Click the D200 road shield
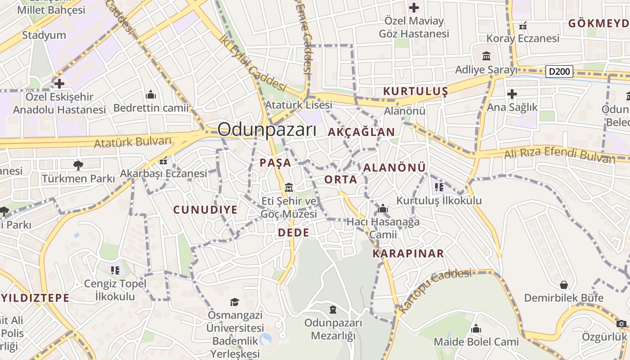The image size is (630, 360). click(x=559, y=71)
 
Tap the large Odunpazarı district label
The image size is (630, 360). click(x=267, y=130)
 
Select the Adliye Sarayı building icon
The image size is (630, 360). click(x=486, y=56)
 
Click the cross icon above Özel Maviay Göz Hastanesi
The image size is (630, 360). click(x=414, y=7)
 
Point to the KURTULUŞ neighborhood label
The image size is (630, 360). click(x=415, y=91)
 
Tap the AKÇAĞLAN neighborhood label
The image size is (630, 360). click(x=361, y=132)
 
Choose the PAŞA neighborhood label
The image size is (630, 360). click(x=275, y=163)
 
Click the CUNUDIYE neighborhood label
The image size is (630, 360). click(x=205, y=210)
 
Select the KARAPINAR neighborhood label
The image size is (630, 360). click(x=408, y=253)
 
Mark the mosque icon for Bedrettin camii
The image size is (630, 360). click(x=151, y=94)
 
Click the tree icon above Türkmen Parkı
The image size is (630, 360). click(x=78, y=165)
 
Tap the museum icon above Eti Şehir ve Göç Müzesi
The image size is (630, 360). click(x=289, y=187)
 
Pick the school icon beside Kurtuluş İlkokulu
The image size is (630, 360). click(x=439, y=187)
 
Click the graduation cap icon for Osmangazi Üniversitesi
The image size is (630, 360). click(x=234, y=301)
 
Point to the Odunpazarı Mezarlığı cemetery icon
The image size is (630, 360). click(x=333, y=310)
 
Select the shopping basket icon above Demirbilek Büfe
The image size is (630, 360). click(x=563, y=285)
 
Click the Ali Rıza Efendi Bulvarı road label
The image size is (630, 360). click(x=559, y=154)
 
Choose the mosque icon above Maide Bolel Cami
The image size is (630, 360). click(x=476, y=329)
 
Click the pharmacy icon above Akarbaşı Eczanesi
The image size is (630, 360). click(x=163, y=160)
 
